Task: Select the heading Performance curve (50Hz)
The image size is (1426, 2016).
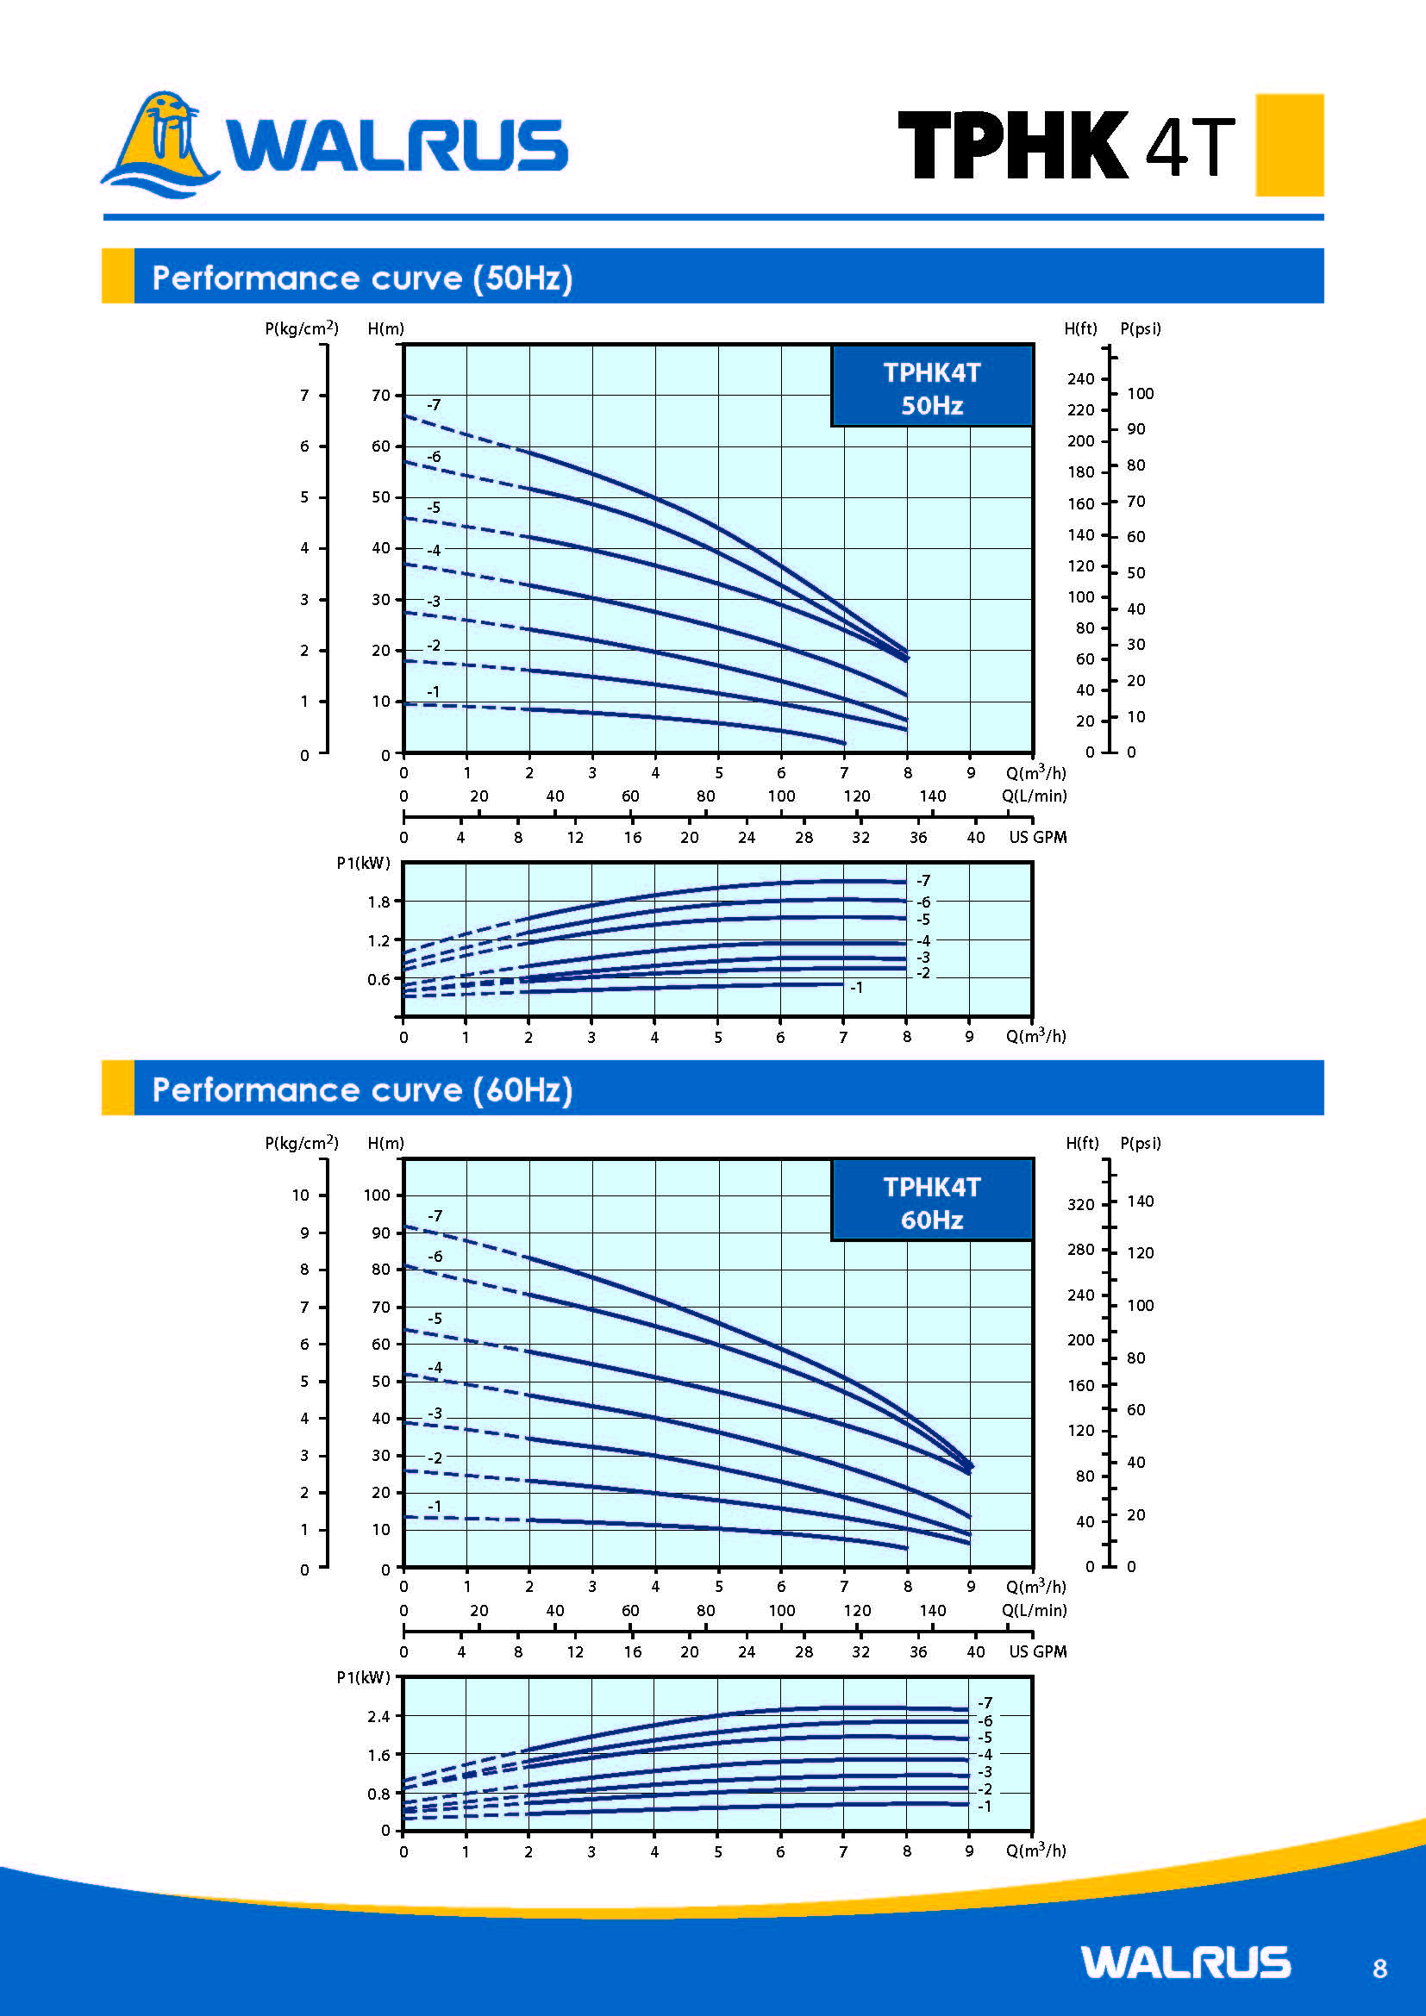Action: coord(362,278)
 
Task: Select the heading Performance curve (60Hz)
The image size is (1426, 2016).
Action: coord(362,1089)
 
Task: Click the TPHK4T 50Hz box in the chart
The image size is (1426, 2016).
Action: coord(932,388)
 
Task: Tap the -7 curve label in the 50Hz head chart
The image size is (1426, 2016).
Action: coord(434,405)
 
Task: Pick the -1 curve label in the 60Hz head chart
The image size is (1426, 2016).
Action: coord(434,1506)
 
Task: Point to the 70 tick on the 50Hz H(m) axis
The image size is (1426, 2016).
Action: coord(381,395)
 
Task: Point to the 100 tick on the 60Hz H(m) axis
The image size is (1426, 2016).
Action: coord(377,1194)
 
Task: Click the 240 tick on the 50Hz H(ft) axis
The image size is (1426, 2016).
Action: coord(1081,378)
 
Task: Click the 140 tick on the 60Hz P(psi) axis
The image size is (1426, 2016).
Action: coord(1140,1201)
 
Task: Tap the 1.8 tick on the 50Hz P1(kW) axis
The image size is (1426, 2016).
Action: coord(378,902)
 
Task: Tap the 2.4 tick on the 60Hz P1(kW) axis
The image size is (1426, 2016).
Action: coord(378,1716)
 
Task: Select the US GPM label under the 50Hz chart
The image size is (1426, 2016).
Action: coord(1037,837)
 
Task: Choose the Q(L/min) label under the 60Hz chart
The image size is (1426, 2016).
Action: coord(1035,1610)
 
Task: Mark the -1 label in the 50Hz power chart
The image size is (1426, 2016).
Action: coord(856,988)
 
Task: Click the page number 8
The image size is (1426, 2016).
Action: coord(1379,1969)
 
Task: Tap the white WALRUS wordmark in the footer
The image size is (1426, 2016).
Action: coord(1185,1963)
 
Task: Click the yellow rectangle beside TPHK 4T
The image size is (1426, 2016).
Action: coord(1289,145)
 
